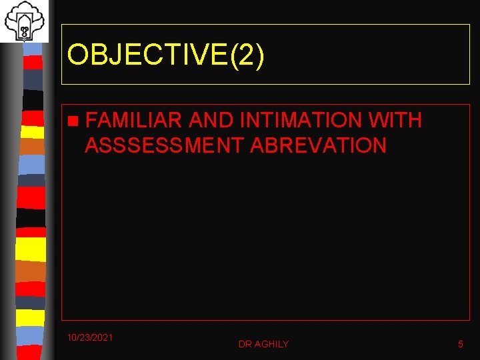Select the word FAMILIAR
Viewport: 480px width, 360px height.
pos(133,121)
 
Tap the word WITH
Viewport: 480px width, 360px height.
pos(395,121)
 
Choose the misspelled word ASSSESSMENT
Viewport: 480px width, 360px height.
pos(164,145)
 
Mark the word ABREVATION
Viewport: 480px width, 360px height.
pos(318,145)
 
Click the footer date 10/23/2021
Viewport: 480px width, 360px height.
pos(90,337)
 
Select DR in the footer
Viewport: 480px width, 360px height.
pos(245,344)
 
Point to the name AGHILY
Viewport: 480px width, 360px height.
pos(271,344)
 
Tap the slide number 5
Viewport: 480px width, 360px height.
pos(460,344)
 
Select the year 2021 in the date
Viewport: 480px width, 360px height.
pos(102,337)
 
